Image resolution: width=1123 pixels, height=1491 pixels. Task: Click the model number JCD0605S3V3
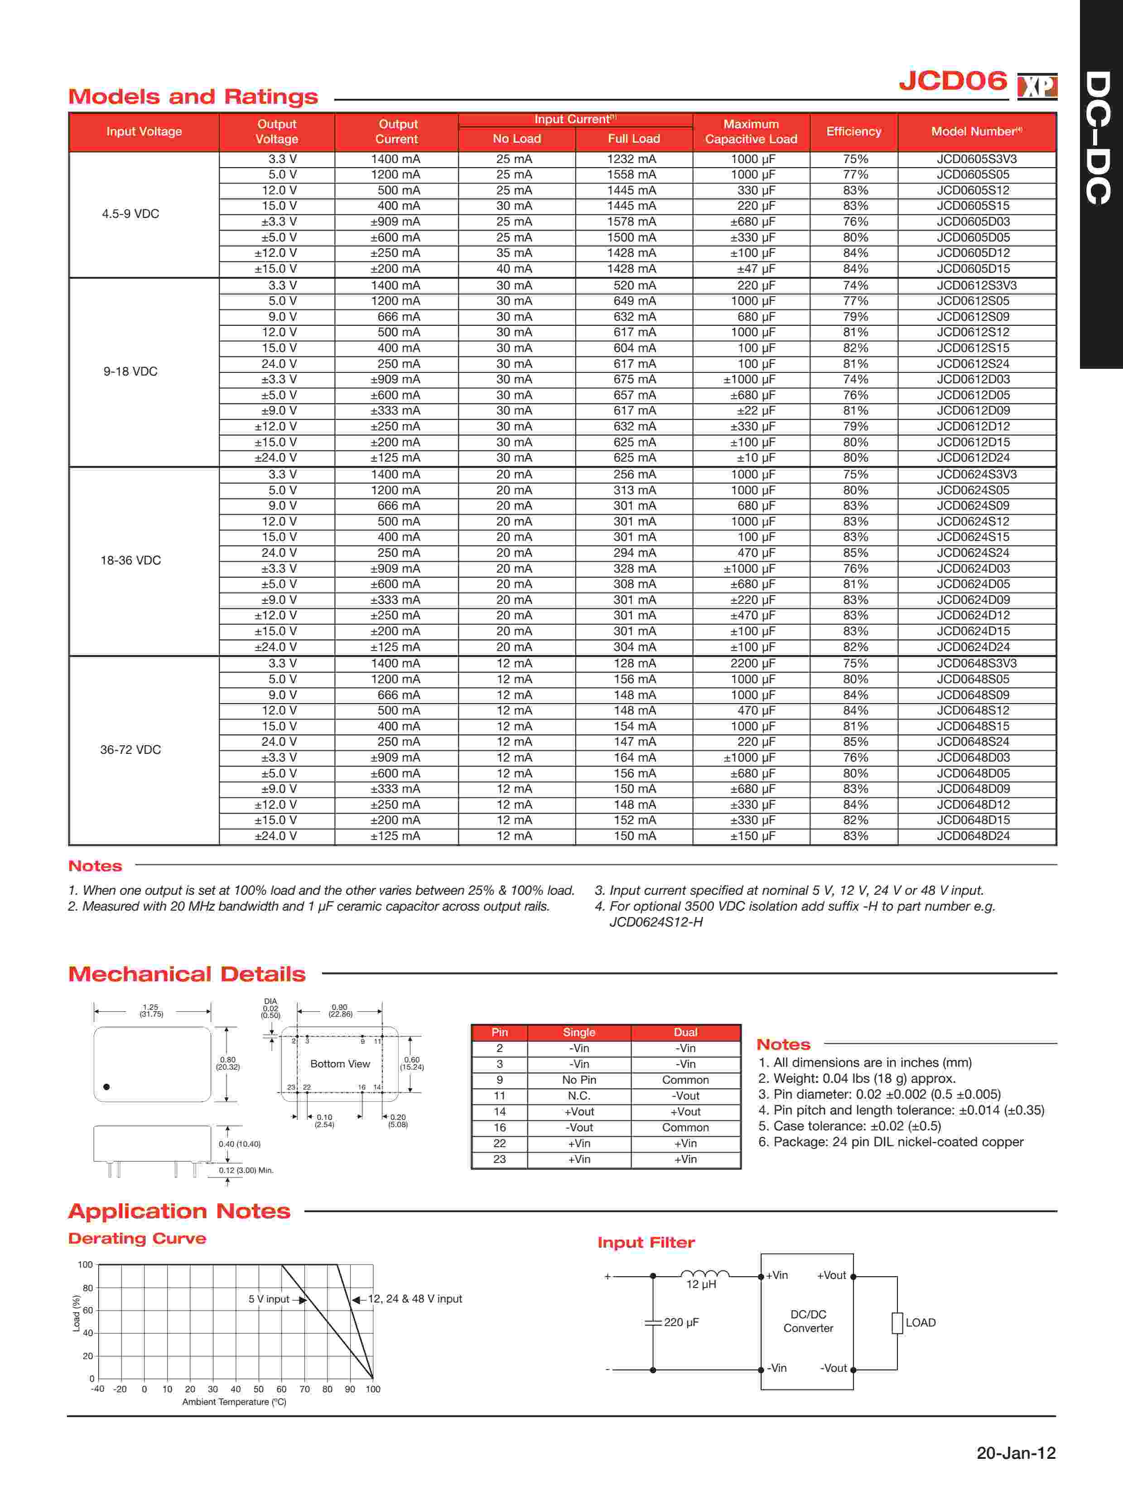[976, 159]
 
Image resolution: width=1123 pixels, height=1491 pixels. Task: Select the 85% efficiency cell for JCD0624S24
[855, 553]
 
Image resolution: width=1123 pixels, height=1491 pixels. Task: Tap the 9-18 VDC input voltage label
[130, 372]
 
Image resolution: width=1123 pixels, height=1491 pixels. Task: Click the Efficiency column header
[853, 131]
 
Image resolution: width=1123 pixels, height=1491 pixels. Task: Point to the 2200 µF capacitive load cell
[753, 663]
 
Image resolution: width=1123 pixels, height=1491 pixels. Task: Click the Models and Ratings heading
[193, 97]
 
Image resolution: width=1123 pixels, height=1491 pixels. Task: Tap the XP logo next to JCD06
[1037, 86]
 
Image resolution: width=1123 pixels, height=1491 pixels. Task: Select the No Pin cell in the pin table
[578, 1080]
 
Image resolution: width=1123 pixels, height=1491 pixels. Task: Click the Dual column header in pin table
[685, 1033]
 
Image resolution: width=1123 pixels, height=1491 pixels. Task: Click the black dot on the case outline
[106, 1086]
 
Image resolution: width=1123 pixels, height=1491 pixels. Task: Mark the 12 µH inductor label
[701, 1285]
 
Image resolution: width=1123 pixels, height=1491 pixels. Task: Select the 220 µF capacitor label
[681, 1322]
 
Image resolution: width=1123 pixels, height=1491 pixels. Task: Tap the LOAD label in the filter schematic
[920, 1322]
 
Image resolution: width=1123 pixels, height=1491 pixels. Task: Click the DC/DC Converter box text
[808, 1321]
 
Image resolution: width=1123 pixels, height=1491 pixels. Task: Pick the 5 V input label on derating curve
[268, 1299]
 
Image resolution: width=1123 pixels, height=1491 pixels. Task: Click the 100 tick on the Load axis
[85, 1264]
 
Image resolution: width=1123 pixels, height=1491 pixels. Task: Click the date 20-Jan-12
[1016, 1452]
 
